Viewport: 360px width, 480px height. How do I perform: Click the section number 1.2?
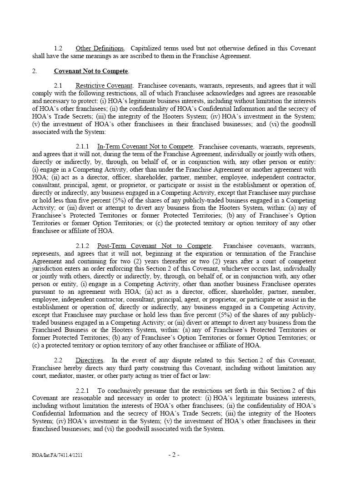tap(58, 49)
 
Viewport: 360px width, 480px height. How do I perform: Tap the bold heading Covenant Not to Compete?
tap(91, 71)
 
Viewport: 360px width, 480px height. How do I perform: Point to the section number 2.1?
tap(58, 86)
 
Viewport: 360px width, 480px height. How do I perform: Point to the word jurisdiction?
tap(46, 269)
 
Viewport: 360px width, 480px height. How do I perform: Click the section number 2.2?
tap(58, 361)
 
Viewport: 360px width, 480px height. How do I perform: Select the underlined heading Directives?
tap(90, 361)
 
